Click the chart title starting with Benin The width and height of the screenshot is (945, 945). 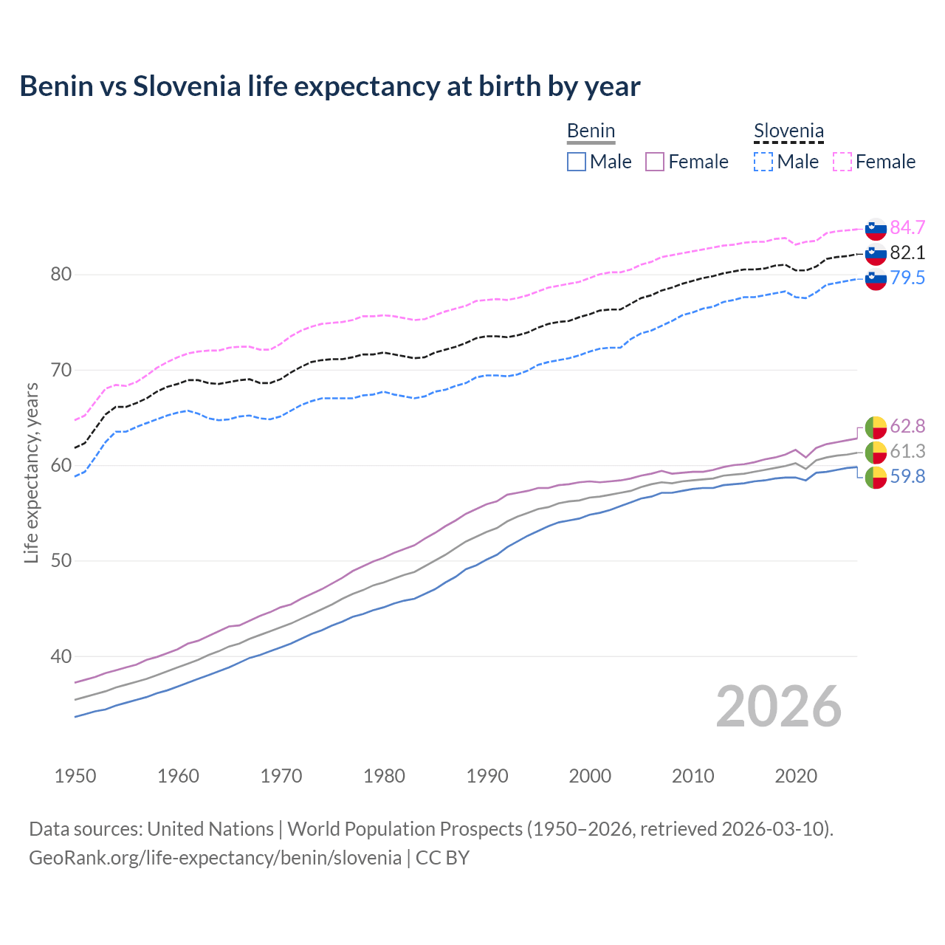pos(329,86)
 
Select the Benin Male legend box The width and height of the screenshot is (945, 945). pos(577,162)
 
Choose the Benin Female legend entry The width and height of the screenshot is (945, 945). pos(687,162)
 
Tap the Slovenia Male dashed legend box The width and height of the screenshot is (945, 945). pos(763,162)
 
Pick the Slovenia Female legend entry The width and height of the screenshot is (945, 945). pos(874,162)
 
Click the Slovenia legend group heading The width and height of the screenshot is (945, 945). pos(788,131)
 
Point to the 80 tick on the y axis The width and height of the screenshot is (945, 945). pos(61,275)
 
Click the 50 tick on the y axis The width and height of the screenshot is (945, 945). pos(61,561)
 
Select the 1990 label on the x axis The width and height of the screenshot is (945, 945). pos(487,776)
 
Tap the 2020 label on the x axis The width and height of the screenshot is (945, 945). pos(796,776)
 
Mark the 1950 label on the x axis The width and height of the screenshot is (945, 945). pos(75,776)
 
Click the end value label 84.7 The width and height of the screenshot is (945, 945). pos(907,227)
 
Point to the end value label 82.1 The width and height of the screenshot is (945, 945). pos(907,252)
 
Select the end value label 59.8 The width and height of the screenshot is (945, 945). pos(907,477)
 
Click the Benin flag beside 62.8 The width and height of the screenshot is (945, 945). pos(876,427)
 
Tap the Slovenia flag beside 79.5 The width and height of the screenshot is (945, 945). pos(876,279)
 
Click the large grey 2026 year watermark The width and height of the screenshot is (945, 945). pos(778,707)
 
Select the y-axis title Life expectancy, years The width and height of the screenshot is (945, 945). pos(32,472)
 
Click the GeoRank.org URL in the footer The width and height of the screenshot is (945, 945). pos(215,858)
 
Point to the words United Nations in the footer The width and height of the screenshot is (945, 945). pos(210,829)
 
